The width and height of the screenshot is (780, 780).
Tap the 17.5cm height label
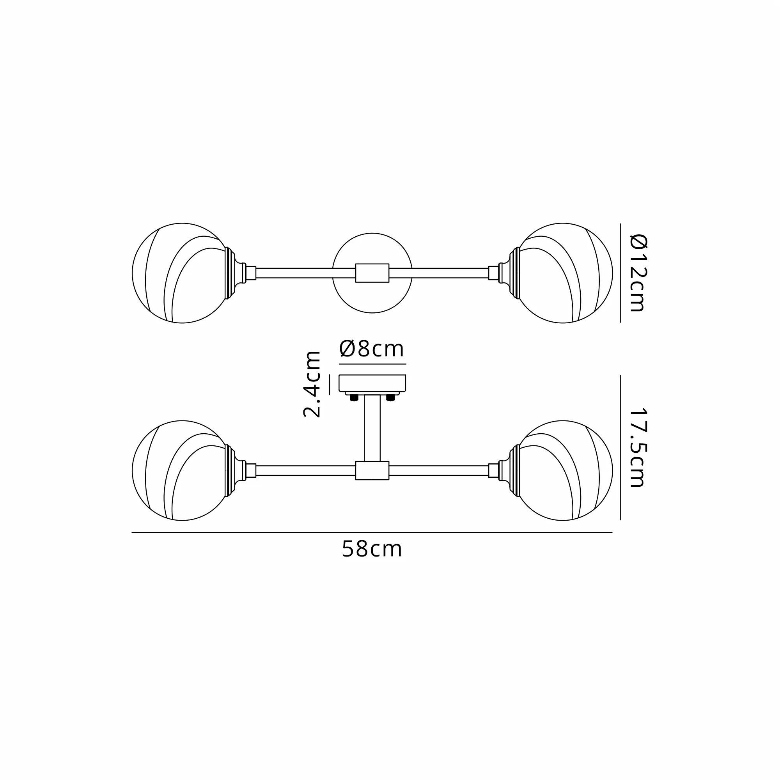point(638,448)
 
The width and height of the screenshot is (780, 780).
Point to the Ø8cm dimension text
point(372,349)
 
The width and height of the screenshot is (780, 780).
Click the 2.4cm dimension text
point(312,384)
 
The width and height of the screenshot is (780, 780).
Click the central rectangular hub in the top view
point(372,273)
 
